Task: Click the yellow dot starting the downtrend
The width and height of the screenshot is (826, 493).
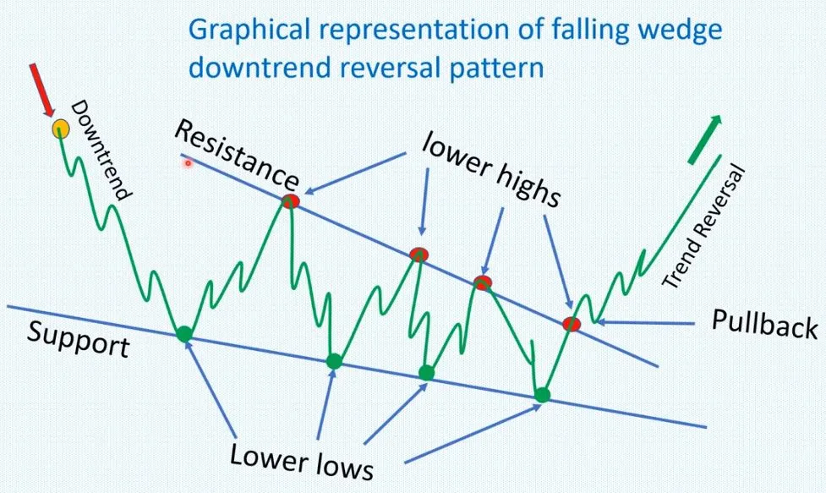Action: coord(61,128)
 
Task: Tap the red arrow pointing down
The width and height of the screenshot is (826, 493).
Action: coord(41,90)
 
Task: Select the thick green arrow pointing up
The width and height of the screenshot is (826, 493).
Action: coord(705,139)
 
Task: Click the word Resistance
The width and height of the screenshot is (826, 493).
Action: coord(237,156)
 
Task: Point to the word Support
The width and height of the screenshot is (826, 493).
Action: coord(78,340)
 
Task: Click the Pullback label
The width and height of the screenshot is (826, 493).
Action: coord(764,324)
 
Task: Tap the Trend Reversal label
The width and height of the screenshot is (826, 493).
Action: coord(703,227)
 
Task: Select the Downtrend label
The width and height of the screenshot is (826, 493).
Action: coord(100,151)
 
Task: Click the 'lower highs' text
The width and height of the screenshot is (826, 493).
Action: coord(491,171)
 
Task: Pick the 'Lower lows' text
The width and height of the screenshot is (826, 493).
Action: coord(302,462)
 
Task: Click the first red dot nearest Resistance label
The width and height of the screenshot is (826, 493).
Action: coord(290,200)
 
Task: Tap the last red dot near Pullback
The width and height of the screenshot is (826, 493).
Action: coord(571,324)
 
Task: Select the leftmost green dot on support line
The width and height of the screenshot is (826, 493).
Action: coord(183,333)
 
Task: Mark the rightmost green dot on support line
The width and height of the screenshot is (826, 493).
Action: coord(542,395)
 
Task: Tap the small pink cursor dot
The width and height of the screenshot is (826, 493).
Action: coord(188,163)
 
